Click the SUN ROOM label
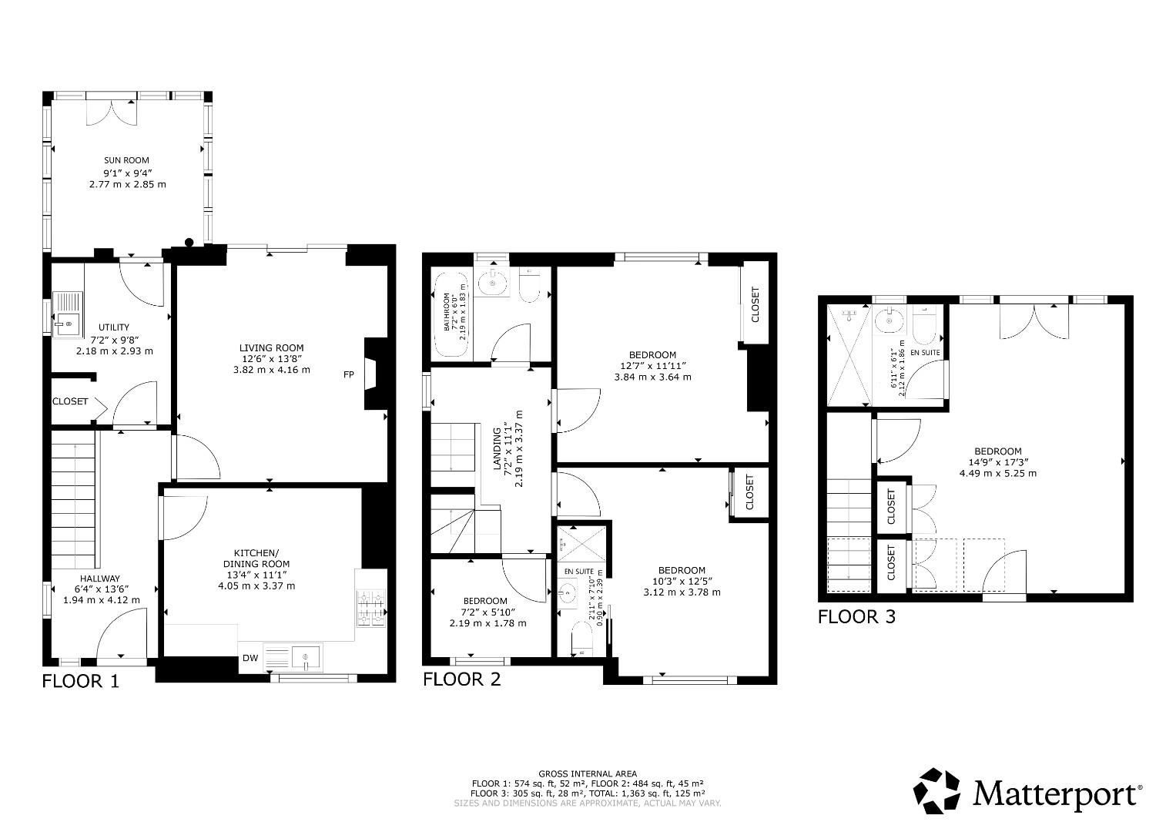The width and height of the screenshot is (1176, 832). (127, 160)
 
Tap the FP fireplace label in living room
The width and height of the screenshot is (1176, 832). (349, 375)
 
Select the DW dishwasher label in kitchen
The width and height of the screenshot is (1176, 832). (250, 658)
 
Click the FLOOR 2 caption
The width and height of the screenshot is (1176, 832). (461, 679)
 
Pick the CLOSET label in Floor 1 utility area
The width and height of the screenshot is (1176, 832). (70, 401)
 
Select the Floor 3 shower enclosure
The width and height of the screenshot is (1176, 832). (849, 354)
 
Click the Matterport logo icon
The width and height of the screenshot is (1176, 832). (937, 791)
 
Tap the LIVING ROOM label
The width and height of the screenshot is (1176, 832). (271, 347)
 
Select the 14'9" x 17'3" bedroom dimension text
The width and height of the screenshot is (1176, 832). (997, 462)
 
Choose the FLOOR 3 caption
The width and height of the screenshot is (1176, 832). (856, 616)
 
